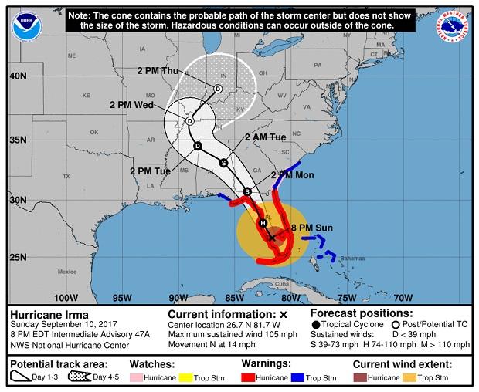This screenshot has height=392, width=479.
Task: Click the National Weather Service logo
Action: (452, 26)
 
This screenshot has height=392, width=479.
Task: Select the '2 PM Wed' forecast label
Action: (132, 105)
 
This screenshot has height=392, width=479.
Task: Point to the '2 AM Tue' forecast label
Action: (265, 137)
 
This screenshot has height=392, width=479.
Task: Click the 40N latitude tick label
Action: (20, 76)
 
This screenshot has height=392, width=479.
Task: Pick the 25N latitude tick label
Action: (20, 256)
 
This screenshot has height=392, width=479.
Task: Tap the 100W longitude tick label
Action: (66, 298)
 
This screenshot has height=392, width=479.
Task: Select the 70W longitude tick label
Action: (402, 298)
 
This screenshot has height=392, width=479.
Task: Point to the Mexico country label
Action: (67, 272)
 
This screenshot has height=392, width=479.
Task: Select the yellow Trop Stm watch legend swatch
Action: (193, 377)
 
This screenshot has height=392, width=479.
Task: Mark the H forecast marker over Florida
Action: (263, 223)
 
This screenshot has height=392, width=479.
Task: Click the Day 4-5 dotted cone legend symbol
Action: (79, 377)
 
